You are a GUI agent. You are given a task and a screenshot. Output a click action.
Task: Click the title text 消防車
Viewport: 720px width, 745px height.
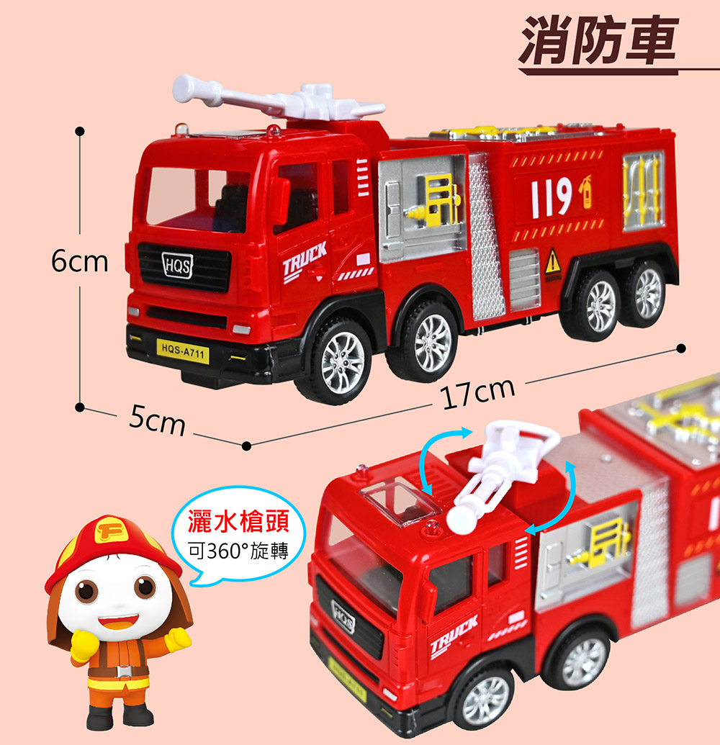coord(598,40)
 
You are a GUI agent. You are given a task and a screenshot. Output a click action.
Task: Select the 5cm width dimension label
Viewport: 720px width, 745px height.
coord(157,421)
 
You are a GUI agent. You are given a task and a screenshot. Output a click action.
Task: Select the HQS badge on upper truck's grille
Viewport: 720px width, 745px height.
coord(177,266)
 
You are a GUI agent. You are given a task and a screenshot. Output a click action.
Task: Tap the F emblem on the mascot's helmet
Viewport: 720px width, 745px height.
coord(110,532)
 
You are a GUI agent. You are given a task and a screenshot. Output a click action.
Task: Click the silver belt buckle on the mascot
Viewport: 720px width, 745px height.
coord(120,672)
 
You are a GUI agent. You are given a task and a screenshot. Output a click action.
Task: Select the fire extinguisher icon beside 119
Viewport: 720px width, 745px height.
coord(585,191)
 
